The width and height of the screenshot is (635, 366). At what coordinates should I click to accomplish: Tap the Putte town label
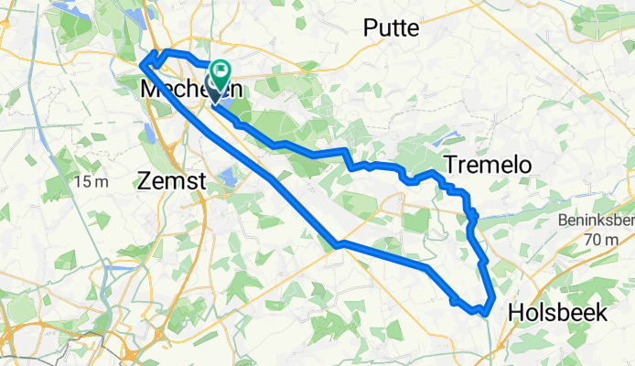click(391, 28)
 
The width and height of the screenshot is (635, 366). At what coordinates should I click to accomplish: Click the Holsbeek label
click(557, 313)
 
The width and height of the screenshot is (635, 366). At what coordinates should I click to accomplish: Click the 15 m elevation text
click(91, 182)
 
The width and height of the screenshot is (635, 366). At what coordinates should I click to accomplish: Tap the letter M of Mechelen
click(152, 91)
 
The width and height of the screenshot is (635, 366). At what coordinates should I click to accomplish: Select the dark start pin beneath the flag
click(216, 91)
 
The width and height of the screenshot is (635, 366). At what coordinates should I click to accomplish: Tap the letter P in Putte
click(370, 28)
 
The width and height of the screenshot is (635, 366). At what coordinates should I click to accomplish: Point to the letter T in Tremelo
click(451, 165)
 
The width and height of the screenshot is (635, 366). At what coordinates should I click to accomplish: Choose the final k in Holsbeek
click(600, 313)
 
